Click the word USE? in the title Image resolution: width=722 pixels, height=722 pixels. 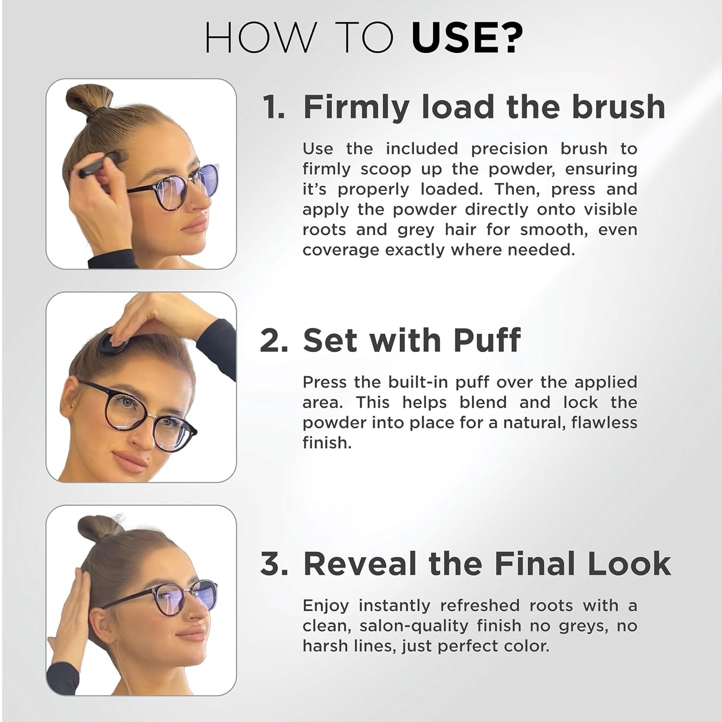click(467, 38)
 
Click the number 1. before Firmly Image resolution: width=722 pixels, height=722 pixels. click(274, 107)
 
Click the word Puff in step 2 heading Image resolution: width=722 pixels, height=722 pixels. click(487, 341)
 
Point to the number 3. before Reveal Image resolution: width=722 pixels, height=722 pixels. click(274, 564)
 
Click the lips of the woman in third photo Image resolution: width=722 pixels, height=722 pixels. click(190, 635)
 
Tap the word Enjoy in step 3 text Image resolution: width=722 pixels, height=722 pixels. click(325, 606)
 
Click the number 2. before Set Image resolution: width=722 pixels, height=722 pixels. click(274, 341)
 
